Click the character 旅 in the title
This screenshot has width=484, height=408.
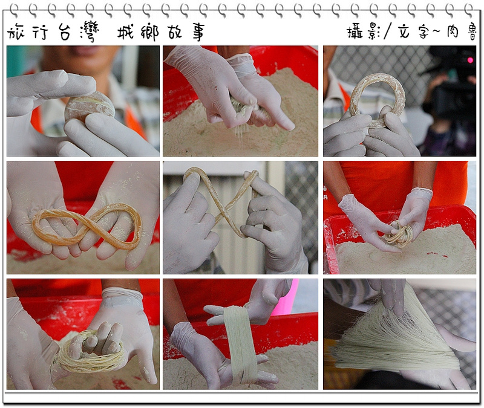coord(16,32)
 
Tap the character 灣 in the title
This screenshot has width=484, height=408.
coord(90,32)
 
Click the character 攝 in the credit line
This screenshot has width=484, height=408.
coord(355,32)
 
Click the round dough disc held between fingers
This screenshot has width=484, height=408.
coord(90,106)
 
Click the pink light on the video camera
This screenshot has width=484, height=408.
coord(470,60)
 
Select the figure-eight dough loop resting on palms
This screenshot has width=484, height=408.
coord(87,226)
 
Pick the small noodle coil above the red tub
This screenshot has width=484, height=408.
coord(399,235)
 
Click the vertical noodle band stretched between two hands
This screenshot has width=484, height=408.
coord(241,345)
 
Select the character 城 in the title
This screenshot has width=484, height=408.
coord(126,32)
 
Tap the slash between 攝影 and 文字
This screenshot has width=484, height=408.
coord(388,31)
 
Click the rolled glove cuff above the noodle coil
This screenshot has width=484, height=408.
coord(420,193)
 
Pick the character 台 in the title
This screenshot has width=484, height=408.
coord(65,32)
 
